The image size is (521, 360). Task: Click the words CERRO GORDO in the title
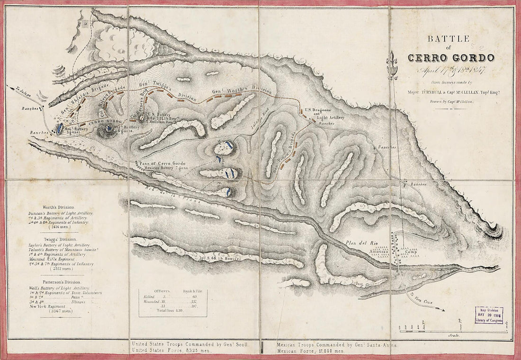click(x=450, y=57)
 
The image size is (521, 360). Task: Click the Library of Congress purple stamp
click(x=489, y=315)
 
